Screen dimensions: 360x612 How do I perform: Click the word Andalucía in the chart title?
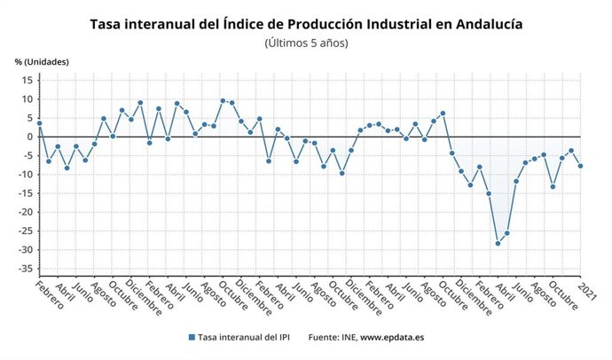(x=477, y=24)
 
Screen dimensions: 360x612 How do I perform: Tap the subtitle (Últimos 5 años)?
(x=306, y=43)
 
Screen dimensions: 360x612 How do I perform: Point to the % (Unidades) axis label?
(x=42, y=61)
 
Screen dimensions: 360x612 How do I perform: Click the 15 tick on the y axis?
(x=27, y=80)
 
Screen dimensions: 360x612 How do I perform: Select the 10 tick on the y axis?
(x=27, y=98)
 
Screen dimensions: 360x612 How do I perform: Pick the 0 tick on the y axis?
(x=29, y=137)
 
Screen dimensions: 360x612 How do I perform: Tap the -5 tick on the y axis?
(x=27, y=155)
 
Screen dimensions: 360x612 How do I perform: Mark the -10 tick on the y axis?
(x=25, y=175)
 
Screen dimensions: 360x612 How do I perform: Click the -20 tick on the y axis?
(x=25, y=212)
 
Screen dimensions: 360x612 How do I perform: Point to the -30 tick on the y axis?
(x=25, y=250)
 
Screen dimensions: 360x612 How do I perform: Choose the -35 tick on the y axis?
(x=25, y=269)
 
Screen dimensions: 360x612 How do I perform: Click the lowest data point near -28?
(x=498, y=243)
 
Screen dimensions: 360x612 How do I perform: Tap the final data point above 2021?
(x=580, y=166)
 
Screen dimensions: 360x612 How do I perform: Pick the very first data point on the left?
(x=39, y=123)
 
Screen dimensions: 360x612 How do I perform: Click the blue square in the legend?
(x=191, y=338)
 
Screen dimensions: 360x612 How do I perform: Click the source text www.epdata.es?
(x=391, y=338)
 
